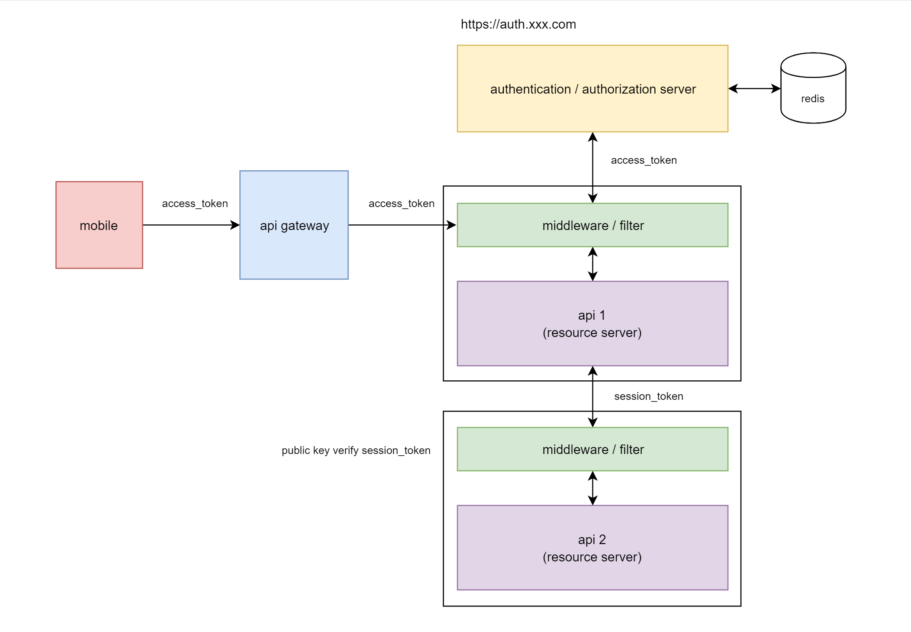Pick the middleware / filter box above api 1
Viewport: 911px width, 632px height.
[592, 225]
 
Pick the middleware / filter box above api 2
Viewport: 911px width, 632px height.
[592, 449]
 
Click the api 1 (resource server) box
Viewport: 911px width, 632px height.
[592, 324]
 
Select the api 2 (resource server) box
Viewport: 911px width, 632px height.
[592, 548]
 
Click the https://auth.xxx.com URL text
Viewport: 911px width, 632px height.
[518, 24]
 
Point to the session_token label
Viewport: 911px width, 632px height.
[648, 396]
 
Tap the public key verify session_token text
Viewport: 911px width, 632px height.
[356, 451]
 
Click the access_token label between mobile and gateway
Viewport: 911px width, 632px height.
[195, 204]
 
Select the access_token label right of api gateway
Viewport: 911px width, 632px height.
[401, 204]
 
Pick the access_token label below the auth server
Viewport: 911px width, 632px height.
[644, 160]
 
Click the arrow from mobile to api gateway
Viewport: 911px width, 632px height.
[190, 225]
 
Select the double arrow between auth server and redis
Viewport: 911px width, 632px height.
[754, 89]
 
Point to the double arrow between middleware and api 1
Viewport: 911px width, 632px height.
[592, 264]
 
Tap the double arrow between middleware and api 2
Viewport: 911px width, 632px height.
[592, 488]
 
